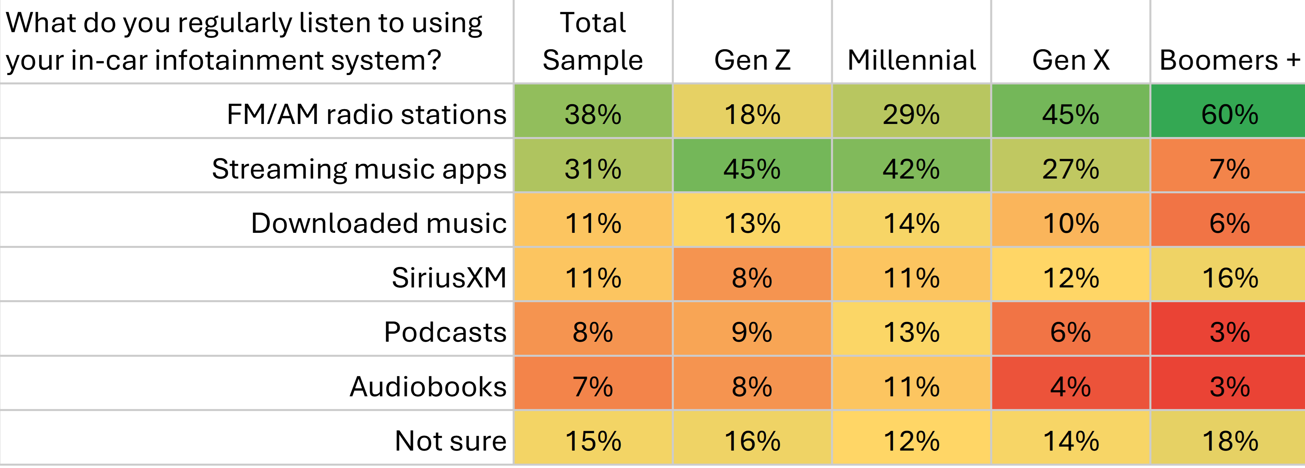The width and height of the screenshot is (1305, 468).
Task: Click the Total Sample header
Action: tap(593, 42)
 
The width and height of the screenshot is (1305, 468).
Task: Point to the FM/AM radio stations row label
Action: tap(366, 114)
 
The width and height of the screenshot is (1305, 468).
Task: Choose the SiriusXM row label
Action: tap(449, 278)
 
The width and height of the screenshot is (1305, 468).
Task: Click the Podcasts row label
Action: tap(445, 332)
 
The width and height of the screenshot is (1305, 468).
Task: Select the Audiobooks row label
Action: tap(428, 387)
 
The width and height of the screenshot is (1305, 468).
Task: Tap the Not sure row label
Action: tap(450, 441)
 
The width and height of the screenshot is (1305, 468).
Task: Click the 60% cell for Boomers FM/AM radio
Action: tap(1229, 114)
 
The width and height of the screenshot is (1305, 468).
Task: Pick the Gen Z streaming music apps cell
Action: tap(752, 169)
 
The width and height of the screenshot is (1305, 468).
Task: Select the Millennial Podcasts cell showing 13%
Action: tap(911, 332)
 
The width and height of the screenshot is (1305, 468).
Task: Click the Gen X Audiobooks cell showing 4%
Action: tap(1070, 387)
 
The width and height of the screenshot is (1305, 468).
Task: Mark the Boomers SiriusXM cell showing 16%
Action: tap(1229, 278)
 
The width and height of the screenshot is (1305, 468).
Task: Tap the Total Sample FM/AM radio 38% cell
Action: tap(593, 114)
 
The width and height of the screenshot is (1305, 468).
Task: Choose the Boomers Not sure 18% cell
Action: tap(1229, 441)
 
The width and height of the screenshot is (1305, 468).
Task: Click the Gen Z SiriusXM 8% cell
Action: tap(752, 278)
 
